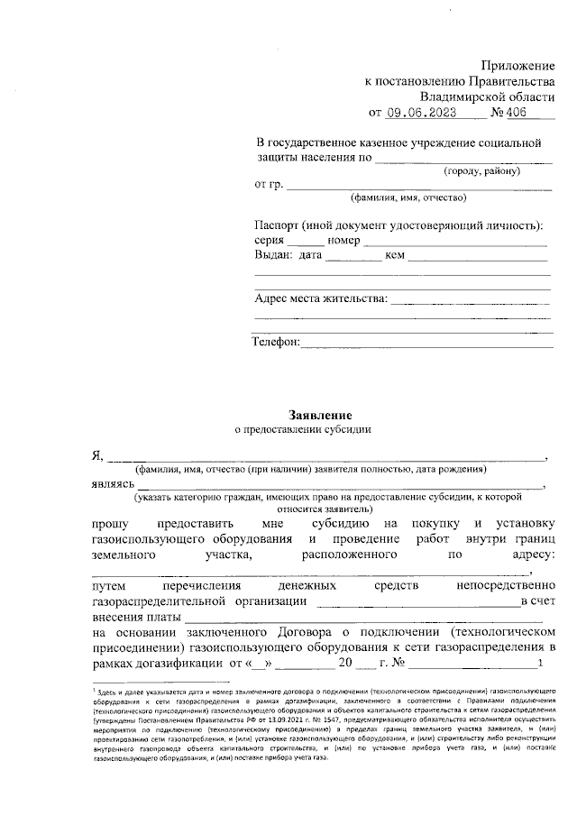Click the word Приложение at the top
518,66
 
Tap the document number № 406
510,113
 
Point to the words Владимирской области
487,96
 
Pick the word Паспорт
277,225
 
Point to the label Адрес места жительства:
321,298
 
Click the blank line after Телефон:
426,343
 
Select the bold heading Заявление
315,415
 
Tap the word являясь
114,485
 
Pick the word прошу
111,523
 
